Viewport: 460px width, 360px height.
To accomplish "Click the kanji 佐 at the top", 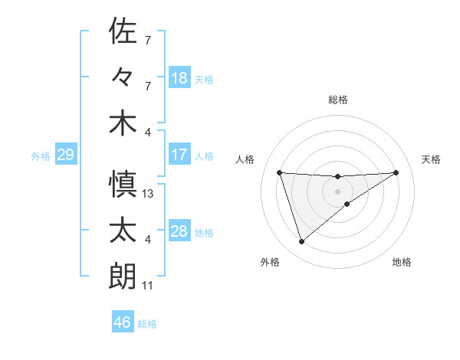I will coord(123,31).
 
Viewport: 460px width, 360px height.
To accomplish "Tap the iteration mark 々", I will coord(123,77).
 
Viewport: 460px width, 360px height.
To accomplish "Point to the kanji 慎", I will coord(123,185).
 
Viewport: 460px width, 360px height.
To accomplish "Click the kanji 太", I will coord(123,231).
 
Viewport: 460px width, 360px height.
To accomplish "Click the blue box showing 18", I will coord(179,77).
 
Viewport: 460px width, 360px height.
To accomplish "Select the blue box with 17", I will coord(179,155).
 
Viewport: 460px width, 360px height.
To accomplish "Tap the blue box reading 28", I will coord(179,231).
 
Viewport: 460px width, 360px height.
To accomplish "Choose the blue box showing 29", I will coord(65,155).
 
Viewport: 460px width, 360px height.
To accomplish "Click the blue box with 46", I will coord(123,322).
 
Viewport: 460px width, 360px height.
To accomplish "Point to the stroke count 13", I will coord(148,194).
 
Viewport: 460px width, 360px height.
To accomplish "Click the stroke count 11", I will coord(148,286).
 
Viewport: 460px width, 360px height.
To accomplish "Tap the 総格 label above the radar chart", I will coord(337,100).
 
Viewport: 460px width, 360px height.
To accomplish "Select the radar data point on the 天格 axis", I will coord(396,172).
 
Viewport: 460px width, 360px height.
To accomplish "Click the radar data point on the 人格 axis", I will coord(280,173).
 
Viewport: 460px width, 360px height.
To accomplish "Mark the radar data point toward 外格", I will coord(301,242).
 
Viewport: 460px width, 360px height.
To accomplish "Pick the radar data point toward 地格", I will coord(347,204).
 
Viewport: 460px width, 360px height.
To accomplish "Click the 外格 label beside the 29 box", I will coord(40,156).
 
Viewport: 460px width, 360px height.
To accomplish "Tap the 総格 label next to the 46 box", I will coord(147,324).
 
